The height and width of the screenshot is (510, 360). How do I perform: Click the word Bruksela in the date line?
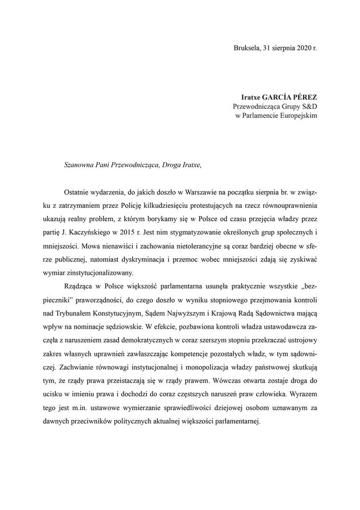(246, 48)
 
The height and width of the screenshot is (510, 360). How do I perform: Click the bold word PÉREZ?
(306, 97)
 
